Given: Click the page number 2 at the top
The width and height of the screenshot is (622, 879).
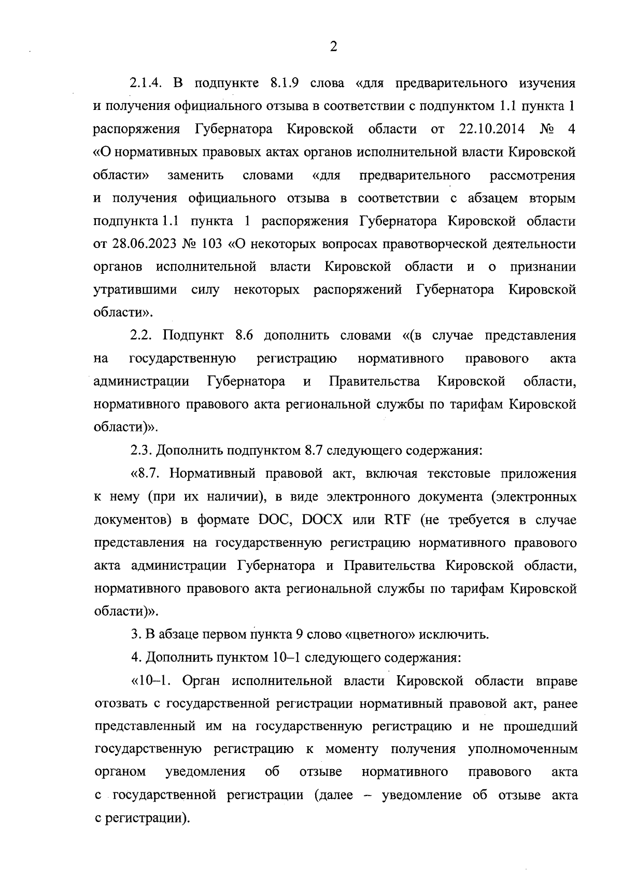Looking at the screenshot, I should click(333, 47).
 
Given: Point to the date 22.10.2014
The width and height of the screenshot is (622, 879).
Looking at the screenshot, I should click(492, 129).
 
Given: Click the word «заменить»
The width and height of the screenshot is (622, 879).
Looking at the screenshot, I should click(195, 175).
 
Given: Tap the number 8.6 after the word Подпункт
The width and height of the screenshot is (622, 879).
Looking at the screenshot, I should click(244, 336).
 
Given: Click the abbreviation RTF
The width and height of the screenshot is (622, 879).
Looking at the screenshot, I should click(398, 520).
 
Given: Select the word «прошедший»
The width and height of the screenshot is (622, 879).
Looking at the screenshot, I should click(540, 727).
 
